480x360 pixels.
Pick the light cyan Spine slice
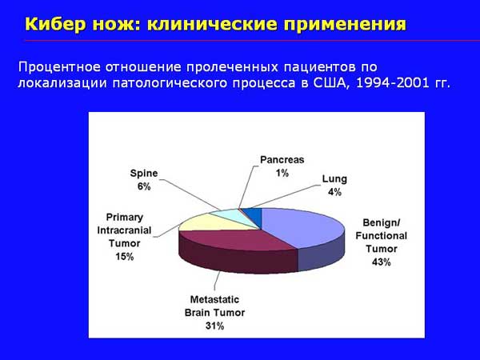(238, 215)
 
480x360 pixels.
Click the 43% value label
(381, 262)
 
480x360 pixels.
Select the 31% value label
(214, 326)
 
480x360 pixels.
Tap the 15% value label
(124, 257)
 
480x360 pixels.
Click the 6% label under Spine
(144, 186)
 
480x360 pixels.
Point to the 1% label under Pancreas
(282, 174)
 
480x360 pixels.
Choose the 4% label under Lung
(334, 192)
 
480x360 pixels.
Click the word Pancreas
(282, 160)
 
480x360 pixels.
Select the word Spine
(144, 174)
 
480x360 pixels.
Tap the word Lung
(334, 179)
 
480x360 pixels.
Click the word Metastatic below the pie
(214, 299)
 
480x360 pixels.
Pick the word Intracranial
(124, 230)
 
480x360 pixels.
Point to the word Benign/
(381, 223)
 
